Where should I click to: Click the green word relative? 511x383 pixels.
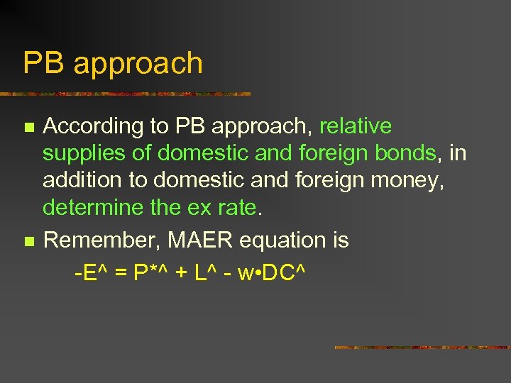356,126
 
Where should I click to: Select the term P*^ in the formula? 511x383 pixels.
151,272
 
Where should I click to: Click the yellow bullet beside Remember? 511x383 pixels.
28,242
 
